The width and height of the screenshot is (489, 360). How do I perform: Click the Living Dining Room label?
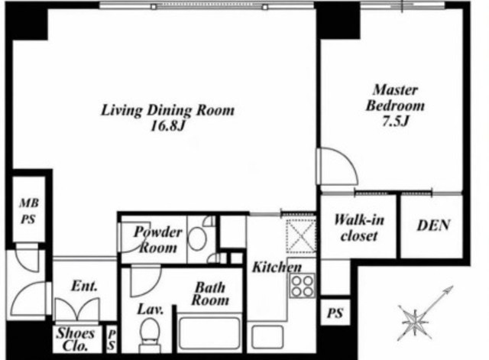click(x=167, y=110)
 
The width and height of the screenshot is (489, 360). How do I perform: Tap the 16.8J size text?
click(x=168, y=126)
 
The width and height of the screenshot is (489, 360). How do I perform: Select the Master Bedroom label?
click(x=395, y=98)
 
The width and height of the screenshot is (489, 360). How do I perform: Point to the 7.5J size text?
click(x=395, y=121)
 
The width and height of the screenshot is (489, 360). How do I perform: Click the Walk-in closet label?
click(x=359, y=228)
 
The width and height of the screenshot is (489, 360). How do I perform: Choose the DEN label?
click(x=433, y=225)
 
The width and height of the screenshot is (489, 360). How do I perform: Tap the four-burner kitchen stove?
click(x=302, y=286)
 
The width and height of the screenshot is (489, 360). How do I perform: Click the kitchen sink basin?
click(x=267, y=337)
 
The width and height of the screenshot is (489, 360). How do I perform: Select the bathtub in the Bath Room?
click(x=209, y=334)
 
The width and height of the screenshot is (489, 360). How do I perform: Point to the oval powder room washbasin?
click(x=197, y=238)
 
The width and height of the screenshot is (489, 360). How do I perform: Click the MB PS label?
click(x=29, y=211)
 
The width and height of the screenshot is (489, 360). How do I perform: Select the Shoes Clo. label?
click(x=76, y=339)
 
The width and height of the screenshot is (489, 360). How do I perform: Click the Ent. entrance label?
click(x=84, y=286)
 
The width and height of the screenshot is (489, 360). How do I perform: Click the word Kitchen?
click(x=277, y=267)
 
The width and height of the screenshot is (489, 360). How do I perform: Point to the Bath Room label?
click(x=210, y=294)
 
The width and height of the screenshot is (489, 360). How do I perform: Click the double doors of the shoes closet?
click(x=77, y=309)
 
